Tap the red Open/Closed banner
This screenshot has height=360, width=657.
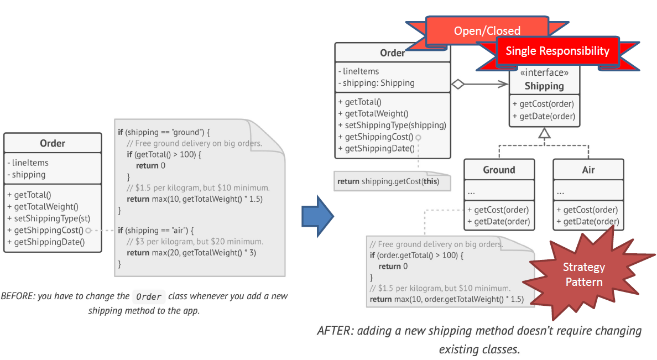tap(487, 31)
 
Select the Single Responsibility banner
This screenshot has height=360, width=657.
tap(557, 51)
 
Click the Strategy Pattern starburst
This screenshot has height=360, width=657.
tap(584, 274)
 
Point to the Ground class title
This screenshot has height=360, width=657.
tap(499, 170)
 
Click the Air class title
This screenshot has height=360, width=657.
tap(588, 170)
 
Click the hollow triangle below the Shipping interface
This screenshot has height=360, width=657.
tap(545, 133)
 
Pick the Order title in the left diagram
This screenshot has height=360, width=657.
tap(53, 144)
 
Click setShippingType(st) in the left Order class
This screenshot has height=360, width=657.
tap(49, 218)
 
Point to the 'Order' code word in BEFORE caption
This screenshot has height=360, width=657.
tap(149, 296)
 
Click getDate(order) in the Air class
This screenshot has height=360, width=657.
tap(591, 222)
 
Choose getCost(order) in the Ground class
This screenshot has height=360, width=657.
tap(502, 210)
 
